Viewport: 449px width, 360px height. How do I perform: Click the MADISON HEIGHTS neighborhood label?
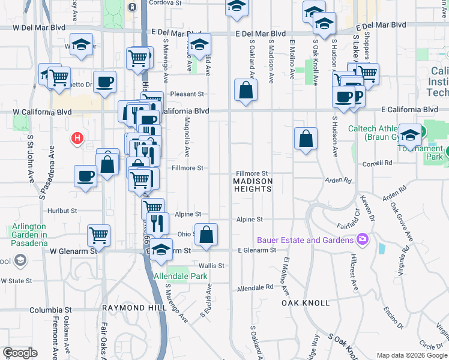click(x=253, y=185)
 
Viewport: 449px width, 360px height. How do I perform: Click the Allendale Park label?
click(x=181, y=277)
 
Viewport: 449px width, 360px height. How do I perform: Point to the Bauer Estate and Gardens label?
click(x=305, y=240)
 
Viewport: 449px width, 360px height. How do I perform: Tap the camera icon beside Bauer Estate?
click(x=362, y=239)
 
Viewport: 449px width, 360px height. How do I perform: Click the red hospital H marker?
click(x=77, y=139)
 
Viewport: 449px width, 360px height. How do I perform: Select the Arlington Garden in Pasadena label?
click(x=29, y=235)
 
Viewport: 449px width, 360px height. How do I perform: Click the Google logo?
click(x=20, y=353)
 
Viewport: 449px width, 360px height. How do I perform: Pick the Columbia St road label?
click(x=46, y=310)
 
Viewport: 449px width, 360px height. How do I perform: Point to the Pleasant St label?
click(x=187, y=94)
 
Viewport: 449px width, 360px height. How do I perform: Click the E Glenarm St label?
click(x=256, y=250)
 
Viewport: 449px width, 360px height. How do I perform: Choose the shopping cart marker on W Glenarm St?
click(x=99, y=235)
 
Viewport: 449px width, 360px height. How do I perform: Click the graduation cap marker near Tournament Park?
click(x=410, y=134)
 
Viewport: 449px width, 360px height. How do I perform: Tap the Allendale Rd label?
click(x=255, y=289)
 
